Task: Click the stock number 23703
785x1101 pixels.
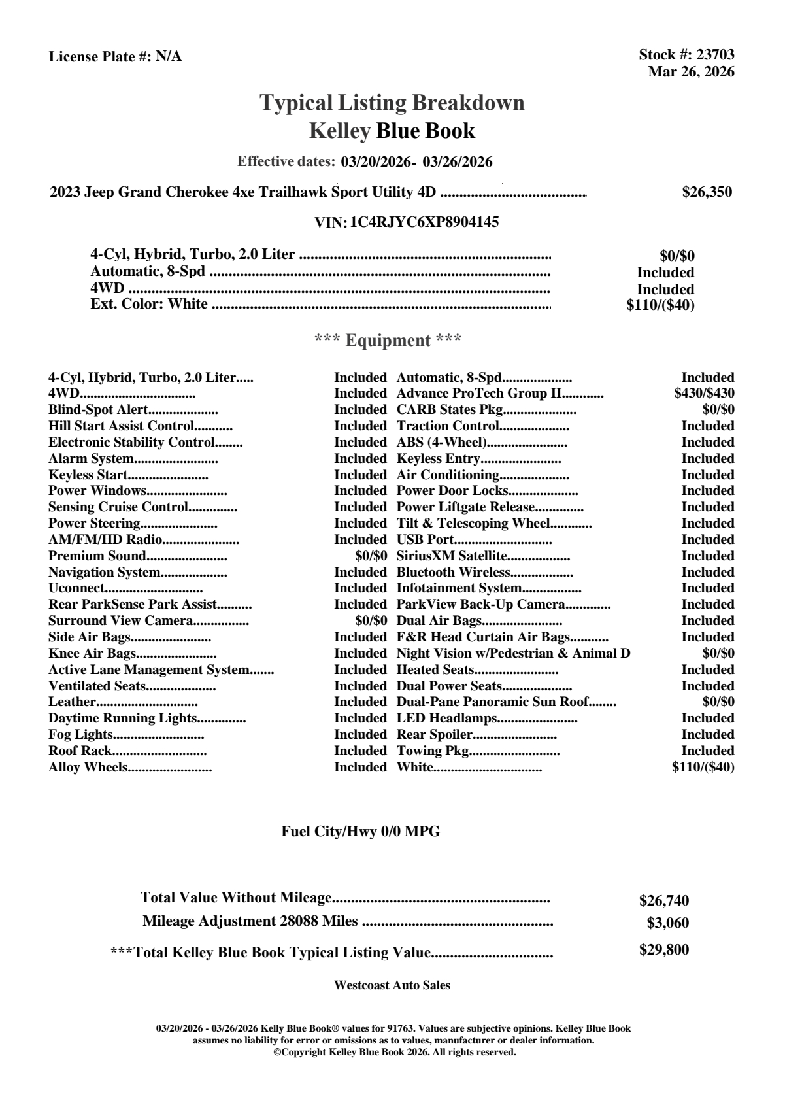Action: click(x=715, y=56)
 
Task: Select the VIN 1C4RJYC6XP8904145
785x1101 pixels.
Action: click(x=424, y=222)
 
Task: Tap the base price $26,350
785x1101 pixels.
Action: click(x=707, y=192)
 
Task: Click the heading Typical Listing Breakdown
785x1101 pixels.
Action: click(x=392, y=103)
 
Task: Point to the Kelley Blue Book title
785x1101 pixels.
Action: click(x=392, y=131)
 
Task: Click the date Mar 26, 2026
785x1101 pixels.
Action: click(x=691, y=72)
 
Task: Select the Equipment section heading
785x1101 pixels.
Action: click(x=388, y=341)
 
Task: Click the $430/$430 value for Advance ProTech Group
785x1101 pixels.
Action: click(x=704, y=394)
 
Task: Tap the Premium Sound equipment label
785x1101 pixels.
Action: click(x=97, y=556)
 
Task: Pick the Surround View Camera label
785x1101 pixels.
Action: click(x=120, y=621)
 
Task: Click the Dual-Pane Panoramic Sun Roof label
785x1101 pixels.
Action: click(x=492, y=702)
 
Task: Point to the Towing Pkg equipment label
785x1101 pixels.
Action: click(x=433, y=751)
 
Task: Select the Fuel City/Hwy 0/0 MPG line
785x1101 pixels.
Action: click(x=361, y=832)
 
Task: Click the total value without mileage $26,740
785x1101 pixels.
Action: click(x=663, y=901)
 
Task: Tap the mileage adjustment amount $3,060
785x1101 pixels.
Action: click(x=667, y=923)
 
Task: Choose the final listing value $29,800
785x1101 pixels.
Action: click(x=663, y=950)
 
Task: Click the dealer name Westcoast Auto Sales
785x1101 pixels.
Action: click(x=392, y=985)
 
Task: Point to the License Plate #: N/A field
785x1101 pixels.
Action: click(x=115, y=57)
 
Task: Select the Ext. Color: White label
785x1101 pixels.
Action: click(x=149, y=305)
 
